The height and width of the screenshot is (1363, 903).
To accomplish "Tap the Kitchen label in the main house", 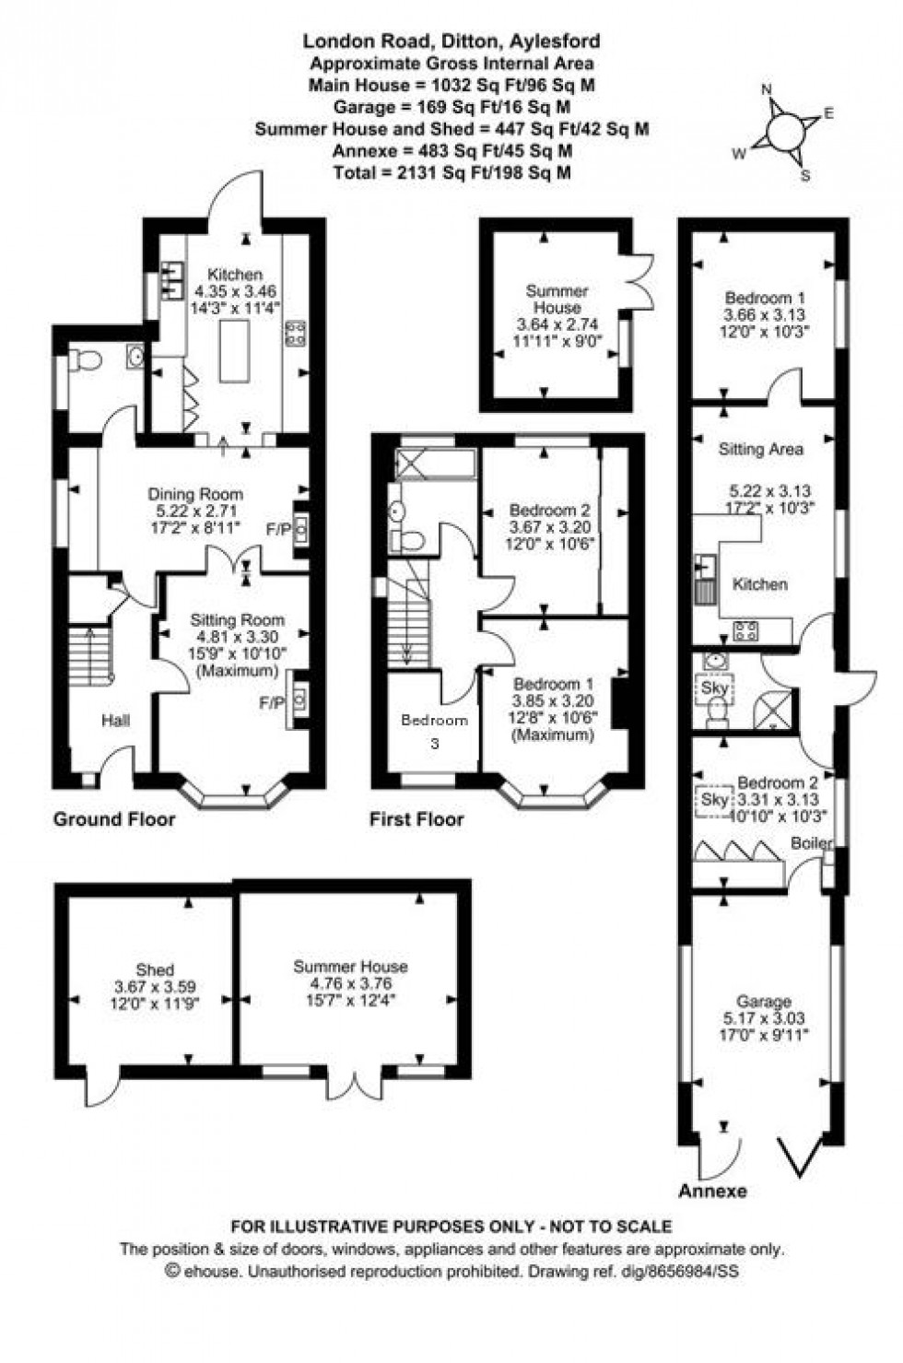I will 234,275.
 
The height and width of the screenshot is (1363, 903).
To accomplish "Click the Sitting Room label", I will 237,620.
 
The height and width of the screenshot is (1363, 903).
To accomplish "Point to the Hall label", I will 115,721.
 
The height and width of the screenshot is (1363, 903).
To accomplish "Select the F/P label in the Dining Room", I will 276,529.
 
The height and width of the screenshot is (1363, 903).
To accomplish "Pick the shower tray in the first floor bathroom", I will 434,464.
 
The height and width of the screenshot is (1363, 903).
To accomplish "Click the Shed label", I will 155,969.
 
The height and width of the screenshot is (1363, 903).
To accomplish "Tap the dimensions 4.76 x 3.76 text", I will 350,983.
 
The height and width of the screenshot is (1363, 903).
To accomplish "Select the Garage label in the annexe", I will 764,1002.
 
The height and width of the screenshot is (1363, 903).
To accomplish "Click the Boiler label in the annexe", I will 811,843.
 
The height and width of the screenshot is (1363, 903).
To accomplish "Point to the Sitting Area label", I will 760,450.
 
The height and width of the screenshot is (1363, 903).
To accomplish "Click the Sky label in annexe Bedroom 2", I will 715,800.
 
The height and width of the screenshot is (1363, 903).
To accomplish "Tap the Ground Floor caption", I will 114,819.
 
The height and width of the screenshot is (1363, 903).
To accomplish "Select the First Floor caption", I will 416,819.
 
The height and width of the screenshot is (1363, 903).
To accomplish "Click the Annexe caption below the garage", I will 712,1191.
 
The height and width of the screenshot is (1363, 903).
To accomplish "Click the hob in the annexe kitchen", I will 745,631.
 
